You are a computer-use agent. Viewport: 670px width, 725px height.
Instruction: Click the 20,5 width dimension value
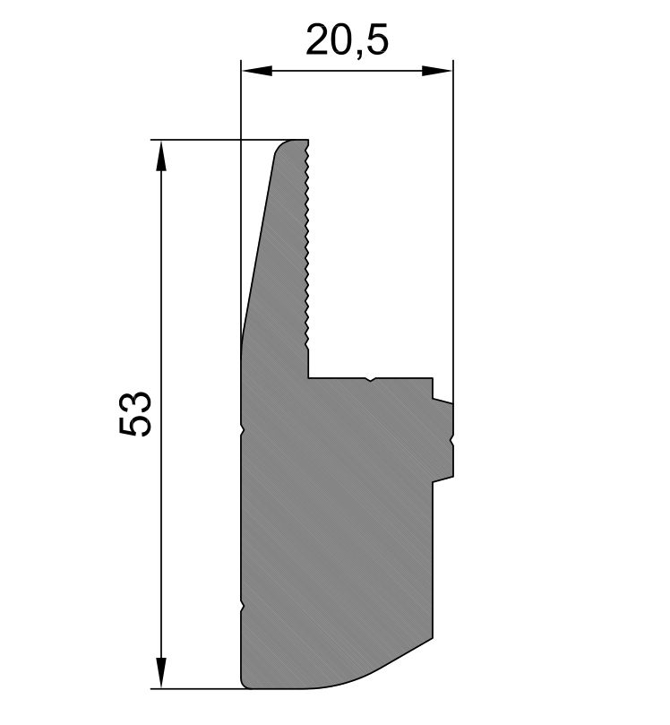pyautogui.click(x=347, y=40)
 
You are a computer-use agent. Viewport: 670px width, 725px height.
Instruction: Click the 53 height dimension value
pyautogui.click(x=135, y=414)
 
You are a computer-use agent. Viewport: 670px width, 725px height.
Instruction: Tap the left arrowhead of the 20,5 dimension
pyautogui.click(x=256, y=71)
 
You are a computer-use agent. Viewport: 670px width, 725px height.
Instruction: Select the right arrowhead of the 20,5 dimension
pyautogui.click(x=437, y=71)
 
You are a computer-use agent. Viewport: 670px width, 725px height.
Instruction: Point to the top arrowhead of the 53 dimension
pyautogui.click(x=161, y=156)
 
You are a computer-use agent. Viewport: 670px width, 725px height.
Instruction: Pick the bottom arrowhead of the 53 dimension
pyautogui.click(x=161, y=673)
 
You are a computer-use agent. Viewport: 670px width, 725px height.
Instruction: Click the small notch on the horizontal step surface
pyautogui.click(x=370, y=380)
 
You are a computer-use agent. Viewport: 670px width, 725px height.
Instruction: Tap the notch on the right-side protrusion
pyautogui.click(x=452, y=441)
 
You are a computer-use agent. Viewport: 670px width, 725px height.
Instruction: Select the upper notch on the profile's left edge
pyautogui.click(x=243, y=428)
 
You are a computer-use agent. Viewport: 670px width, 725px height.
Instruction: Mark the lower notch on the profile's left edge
pyautogui.click(x=243, y=607)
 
